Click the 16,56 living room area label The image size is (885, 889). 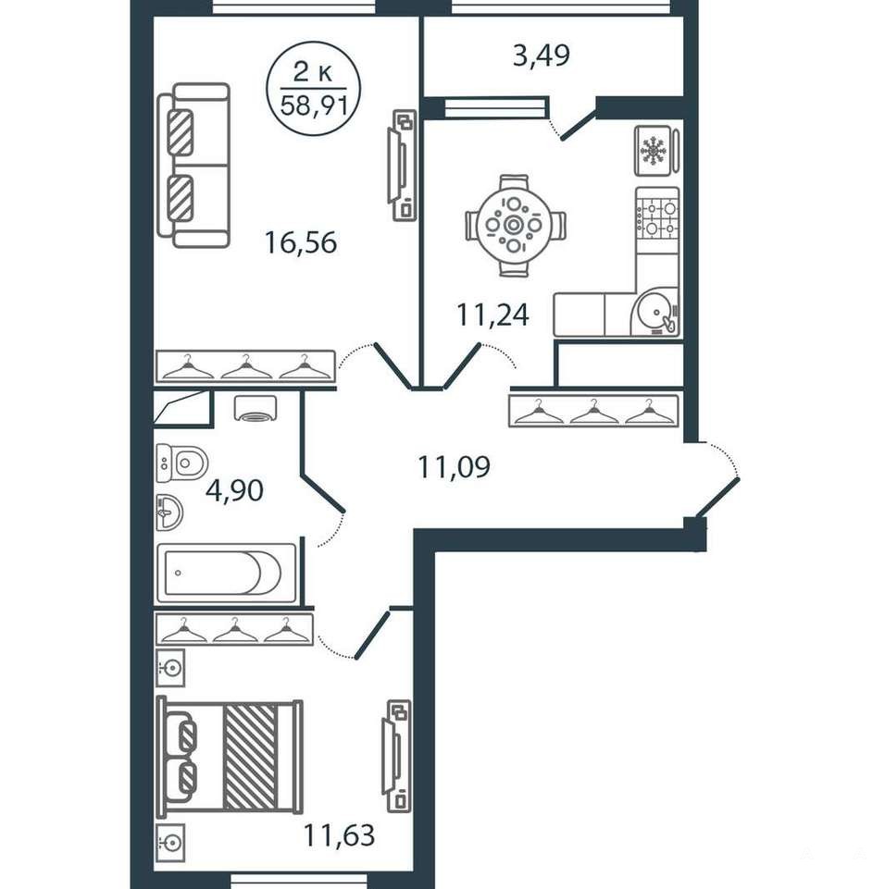click(x=301, y=242)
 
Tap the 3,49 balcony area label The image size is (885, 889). click(x=542, y=56)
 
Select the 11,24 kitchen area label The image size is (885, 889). click(x=492, y=315)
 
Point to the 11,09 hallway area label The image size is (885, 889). click(x=454, y=467)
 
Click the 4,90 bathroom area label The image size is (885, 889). click(x=234, y=490)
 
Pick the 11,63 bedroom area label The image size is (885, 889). click(x=339, y=835)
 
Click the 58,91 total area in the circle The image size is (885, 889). click(x=314, y=105)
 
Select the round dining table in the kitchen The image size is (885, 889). click(x=514, y=226)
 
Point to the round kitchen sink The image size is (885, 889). click(x=655, y=311)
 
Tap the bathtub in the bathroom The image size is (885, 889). click(x=227, y=573)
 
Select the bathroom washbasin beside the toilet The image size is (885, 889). click(x=169, y=513)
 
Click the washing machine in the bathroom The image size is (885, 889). click(x=255, y=408)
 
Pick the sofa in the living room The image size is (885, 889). click(x=193, y=165)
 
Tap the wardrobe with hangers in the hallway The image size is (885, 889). click(x=594, y=411)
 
